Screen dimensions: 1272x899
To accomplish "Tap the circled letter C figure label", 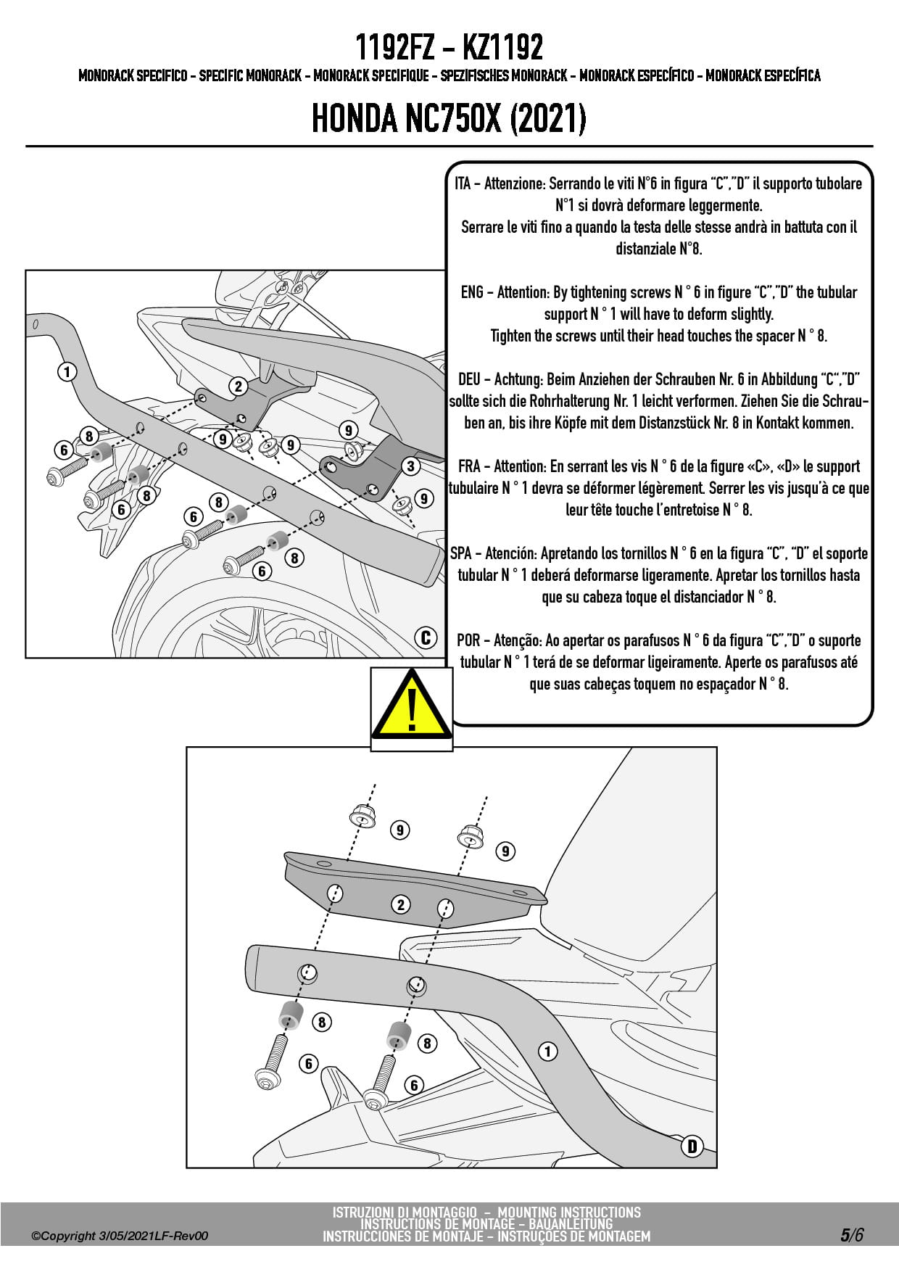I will tap(426, 637).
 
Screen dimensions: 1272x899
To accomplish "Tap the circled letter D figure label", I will tap(692, 1146).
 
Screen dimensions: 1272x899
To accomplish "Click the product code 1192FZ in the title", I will tap(394, 48).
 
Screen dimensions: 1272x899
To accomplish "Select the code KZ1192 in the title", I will tap(502, 48).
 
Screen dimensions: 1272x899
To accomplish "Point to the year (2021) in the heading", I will tap(548, 119).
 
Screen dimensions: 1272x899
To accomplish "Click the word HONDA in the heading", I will tap(355, 119).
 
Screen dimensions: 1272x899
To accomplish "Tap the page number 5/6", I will tap(853, 1235).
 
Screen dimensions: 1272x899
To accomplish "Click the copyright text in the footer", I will tap(120, 1236).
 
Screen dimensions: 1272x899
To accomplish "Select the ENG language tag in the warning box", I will tap(472, 292).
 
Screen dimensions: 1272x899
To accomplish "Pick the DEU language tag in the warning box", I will tap(470, 379).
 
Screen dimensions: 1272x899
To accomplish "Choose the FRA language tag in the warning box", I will tap(469, 466).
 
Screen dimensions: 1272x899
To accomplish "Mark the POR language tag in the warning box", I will tap(468, 640).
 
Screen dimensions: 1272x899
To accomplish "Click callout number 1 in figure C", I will tap(67, 372).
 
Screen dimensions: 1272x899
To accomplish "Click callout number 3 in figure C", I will tap(410, 466).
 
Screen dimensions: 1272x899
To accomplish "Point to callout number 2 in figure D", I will tap(400, 904).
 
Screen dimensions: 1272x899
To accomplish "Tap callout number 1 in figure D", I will tap(547, 1051).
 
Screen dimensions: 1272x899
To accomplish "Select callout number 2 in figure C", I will tap(238, 386).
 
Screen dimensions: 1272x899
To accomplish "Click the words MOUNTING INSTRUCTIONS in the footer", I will tap(569, 1213).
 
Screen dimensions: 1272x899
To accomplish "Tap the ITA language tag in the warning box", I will tap(463, 183).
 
